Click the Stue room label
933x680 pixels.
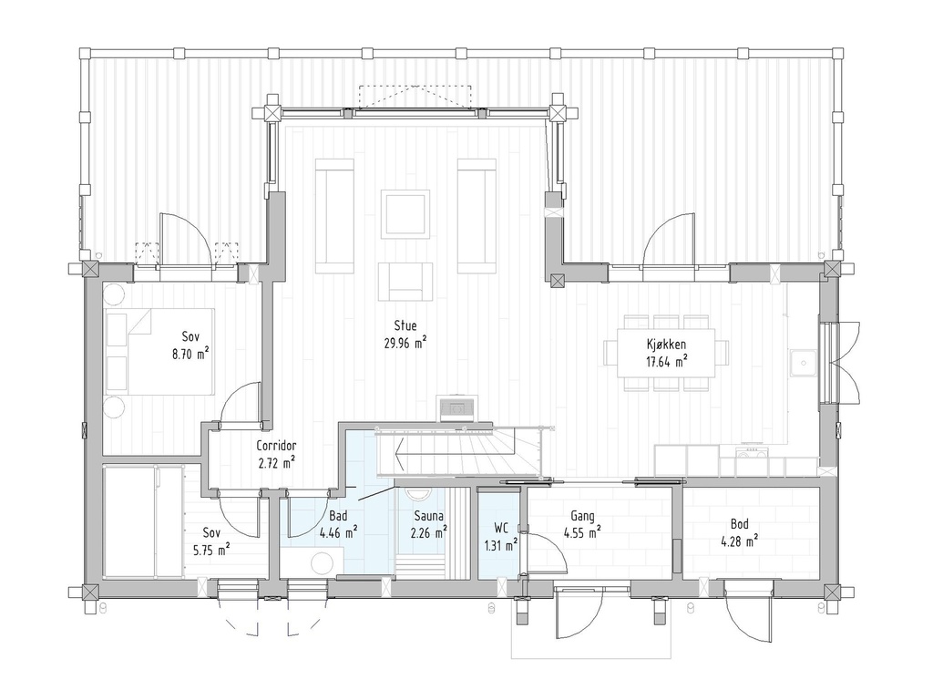(405, 325)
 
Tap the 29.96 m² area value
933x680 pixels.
(405, 343)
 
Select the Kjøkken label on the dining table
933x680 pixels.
(668, 344)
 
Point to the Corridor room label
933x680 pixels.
(276, 446)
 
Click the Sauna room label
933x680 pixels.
(428, 516)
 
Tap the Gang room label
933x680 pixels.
(583, 517)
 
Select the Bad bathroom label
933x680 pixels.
(338, 516)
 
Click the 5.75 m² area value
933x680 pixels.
(210, 550)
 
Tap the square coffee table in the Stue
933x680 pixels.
(405, 214)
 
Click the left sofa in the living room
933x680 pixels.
(334, 216)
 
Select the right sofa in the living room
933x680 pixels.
(476, 216)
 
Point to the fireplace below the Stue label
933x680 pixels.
(455, 409)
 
